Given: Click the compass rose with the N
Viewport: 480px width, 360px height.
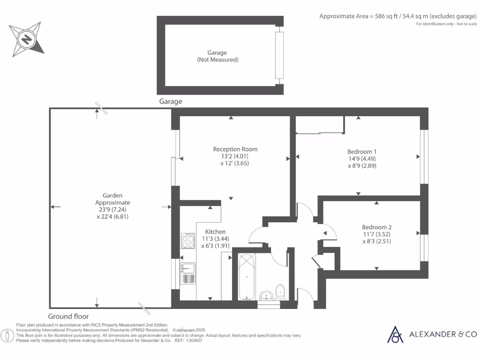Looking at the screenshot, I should [27, 38].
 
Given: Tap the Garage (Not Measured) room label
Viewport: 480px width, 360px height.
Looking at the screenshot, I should [217, 56].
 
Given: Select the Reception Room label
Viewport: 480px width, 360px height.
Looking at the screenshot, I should [235, 149].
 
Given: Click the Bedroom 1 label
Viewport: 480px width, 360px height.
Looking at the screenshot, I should [362, 151].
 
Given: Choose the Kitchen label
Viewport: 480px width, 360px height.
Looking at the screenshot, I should [216, 232].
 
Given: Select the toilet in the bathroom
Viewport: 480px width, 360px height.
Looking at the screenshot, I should [281, 291].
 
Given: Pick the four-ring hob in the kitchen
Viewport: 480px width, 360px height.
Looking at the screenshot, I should [188, 241].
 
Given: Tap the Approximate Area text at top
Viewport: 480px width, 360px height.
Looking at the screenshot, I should [395, 16].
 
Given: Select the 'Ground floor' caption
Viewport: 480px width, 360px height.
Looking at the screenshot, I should [68, 316].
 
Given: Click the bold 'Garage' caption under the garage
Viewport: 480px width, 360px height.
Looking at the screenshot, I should [171, 101].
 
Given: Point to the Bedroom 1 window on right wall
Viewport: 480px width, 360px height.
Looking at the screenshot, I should [424, 156].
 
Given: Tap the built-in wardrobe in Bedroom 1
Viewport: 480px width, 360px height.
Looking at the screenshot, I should [320, 125].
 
